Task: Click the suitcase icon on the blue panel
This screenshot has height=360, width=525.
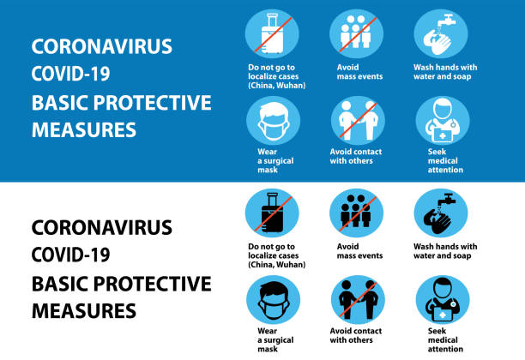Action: click(x=272, y=35)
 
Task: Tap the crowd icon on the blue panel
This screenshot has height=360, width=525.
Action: click(x=356, y=35)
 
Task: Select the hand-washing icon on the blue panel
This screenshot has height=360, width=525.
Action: click(x=441, y=35)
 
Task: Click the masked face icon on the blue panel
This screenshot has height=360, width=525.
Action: click(x=272, y=121)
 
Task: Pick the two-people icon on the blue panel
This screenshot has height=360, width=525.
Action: click(x=356, y=121)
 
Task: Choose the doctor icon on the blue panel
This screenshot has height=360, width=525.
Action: click(x=441, y=121)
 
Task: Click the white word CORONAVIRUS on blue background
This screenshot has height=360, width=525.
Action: click(x=101, y=46)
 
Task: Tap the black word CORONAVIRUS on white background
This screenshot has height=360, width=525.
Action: click(x=101, y=228)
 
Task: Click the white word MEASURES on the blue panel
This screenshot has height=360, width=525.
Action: click(x=83, y=129)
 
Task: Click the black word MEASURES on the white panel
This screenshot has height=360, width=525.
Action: click(x=83, y=310)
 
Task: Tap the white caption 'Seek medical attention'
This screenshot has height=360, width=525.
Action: click(x=445, y=161)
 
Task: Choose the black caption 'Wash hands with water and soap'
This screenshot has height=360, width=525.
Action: click(x=445, y=250)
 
